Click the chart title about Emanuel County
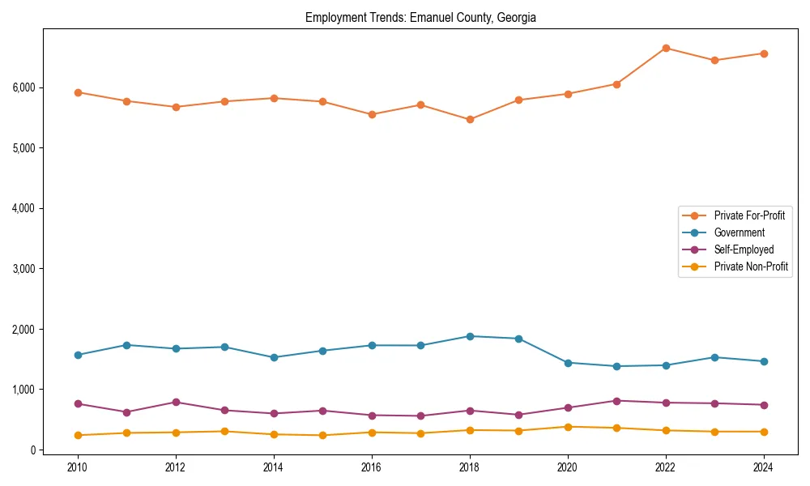420,18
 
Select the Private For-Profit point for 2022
666,48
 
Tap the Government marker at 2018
470,336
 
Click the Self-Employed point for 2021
616,401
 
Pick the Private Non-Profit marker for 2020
568,427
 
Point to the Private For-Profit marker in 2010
78,92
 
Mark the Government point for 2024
764,361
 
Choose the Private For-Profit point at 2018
470,119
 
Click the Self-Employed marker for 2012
176,402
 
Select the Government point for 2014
274,357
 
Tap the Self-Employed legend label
744,249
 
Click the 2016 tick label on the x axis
372,467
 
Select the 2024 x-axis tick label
764,467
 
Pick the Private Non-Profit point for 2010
78,435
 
